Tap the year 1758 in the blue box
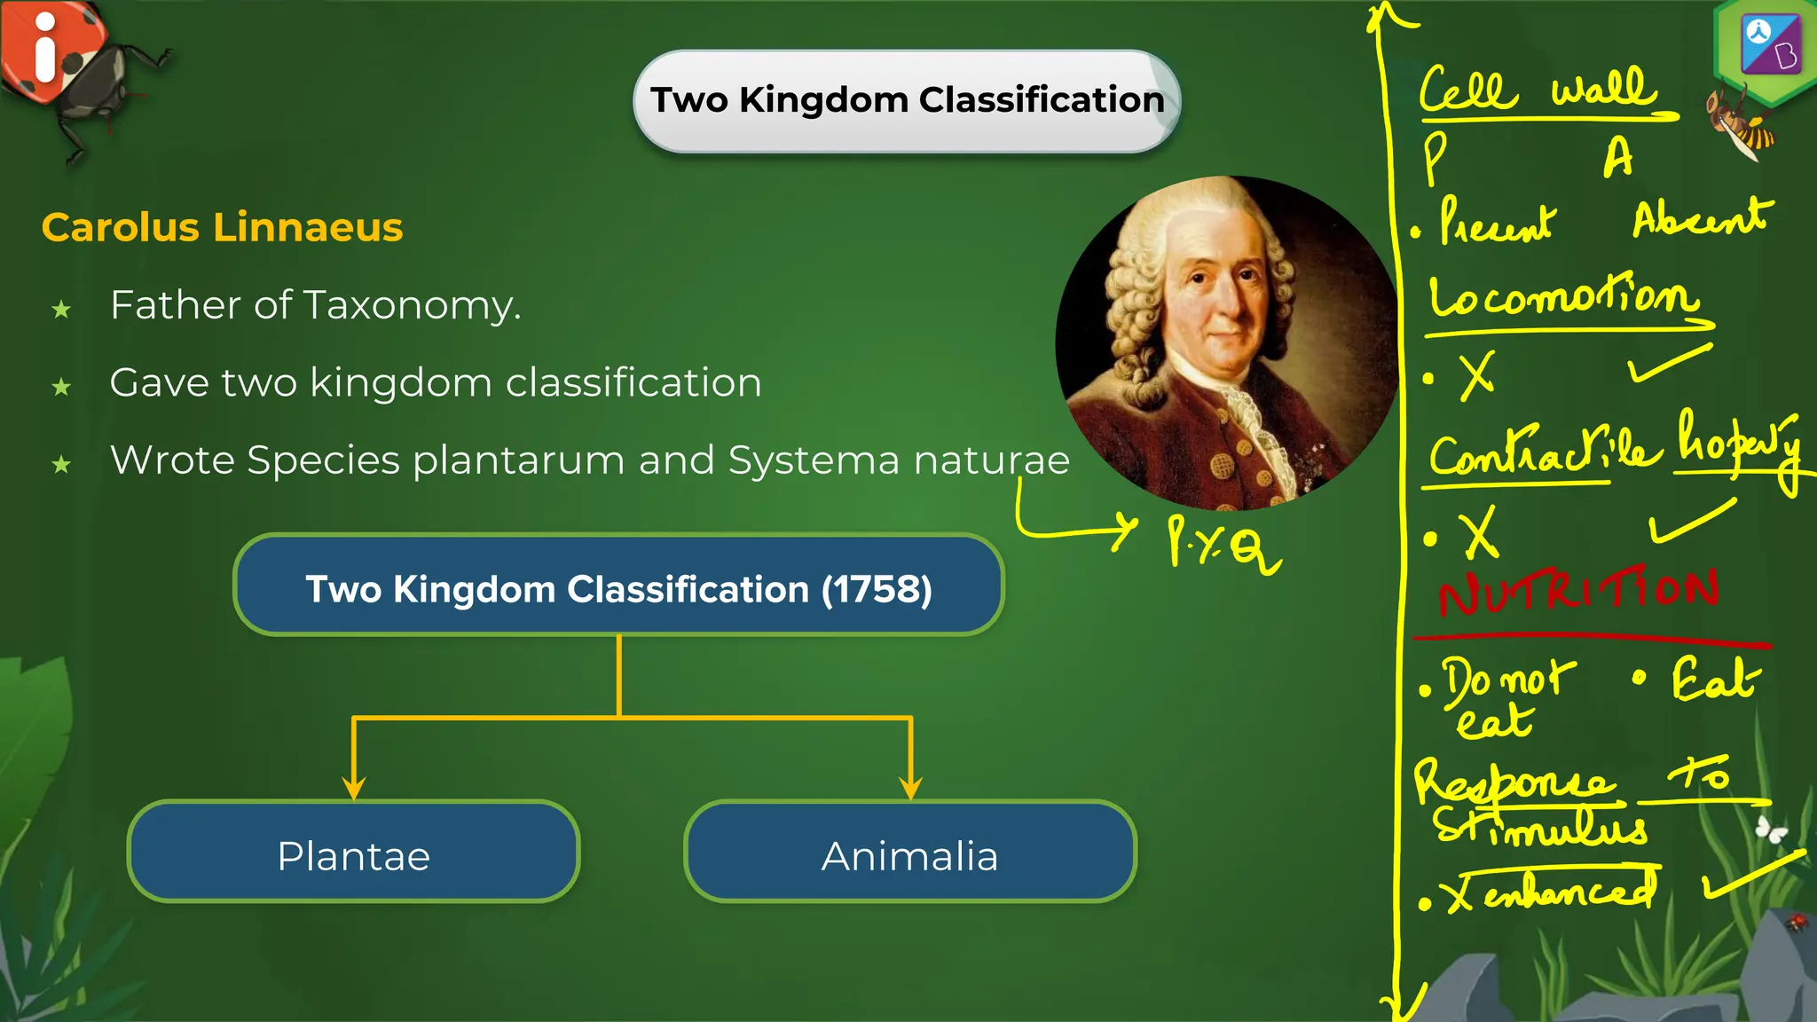pos(876,589)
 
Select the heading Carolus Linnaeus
pos(222,227)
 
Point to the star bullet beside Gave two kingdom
pos(61,387)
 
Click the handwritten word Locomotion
pos(1561,297)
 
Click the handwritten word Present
pos(1496,222)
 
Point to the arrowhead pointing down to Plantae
pos(354,789)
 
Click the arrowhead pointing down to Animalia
pos(910,789)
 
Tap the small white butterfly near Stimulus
pos(1771,829)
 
